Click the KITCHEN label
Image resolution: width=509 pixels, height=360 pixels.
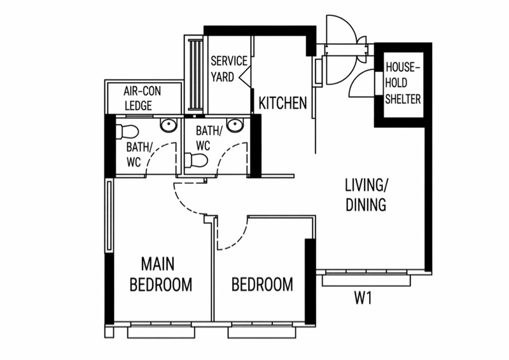tap(282, 103)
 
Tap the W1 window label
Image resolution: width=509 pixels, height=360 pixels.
tap(363, 298)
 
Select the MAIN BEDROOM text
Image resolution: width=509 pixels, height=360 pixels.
tap(161, 274)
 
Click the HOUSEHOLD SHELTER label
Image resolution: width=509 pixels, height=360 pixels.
tap(403, 83)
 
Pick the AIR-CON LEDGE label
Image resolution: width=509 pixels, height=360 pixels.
tap(142, 99)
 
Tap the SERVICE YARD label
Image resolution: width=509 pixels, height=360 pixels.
tap(229, 69)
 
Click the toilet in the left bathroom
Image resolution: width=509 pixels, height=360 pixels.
tap(127, 132)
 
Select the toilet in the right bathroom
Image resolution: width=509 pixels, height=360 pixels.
tap(196, 160)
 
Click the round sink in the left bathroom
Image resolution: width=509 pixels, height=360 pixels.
tap(169, 125)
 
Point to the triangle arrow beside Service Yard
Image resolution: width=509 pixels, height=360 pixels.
tap(244, 77)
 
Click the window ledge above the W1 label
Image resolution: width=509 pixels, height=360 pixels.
tap(367, 280)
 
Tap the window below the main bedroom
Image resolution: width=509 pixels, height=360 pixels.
tap(161, 333)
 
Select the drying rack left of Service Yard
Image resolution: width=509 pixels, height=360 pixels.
tap(196, 74)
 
